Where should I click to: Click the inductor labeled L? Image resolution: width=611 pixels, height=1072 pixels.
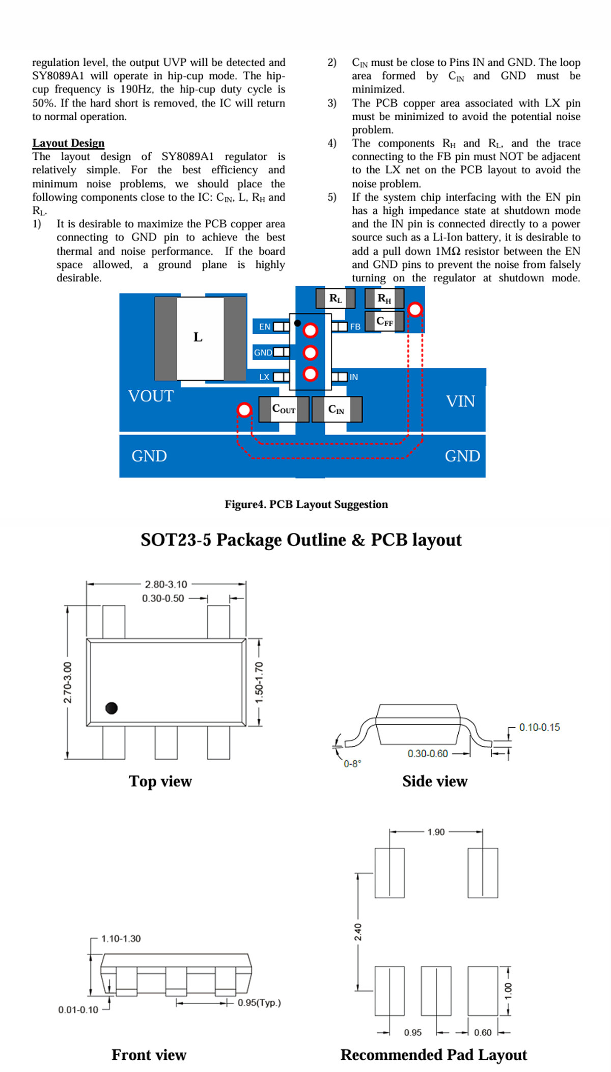pos(201,338)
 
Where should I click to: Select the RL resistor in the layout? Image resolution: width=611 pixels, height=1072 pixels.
pos(335,298)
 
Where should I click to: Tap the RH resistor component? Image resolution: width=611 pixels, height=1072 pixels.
pos(384,298)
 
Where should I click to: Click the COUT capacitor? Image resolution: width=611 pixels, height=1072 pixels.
pos(284,409)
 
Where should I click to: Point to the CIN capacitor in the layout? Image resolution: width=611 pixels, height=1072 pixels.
pos(337,409)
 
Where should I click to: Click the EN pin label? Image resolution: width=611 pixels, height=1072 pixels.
pos(265,327)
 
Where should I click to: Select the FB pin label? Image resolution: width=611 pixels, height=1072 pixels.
pos(355,327)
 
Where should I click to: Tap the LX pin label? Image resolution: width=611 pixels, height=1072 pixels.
pos(264,377)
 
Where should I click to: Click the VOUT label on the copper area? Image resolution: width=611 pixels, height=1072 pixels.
pos(151,396)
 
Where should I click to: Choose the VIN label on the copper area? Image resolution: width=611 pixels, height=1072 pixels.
pos(460,401)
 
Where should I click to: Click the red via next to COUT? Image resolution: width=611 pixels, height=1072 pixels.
pos(244,410)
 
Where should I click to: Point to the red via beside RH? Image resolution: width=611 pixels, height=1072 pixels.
pos(415,309)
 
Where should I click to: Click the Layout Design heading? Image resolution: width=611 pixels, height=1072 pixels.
pos(68,143)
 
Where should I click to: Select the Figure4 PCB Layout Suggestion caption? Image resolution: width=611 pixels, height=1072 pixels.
pos(306,504)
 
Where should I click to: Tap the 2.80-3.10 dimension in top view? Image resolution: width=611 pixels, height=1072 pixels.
pos(166,584)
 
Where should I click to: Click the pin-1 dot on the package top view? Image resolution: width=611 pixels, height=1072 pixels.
pos(112,708)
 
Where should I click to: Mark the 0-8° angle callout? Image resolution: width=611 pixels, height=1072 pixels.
pos(352,763)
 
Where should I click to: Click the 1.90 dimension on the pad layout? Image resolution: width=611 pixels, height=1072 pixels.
pos(436,832)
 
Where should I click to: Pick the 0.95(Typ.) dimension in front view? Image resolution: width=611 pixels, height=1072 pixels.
pos(259,1003)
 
